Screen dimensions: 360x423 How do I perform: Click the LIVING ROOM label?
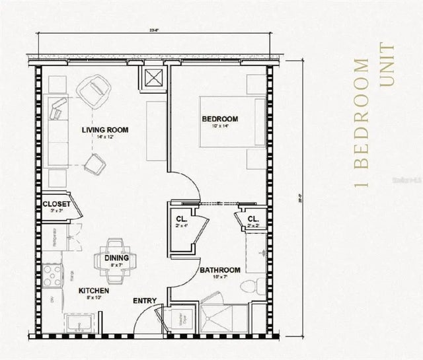pyautogui.click(x=104, y=129)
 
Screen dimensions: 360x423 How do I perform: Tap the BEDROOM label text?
pyautogui.click(x=219, y=119)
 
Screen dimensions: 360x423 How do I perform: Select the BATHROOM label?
pyautogui.click(x=219, y=270)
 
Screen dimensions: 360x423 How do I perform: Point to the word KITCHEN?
pyautogui.click(x=94, y=291)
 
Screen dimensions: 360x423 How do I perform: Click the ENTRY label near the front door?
pyautogui.click(x=145, y=301)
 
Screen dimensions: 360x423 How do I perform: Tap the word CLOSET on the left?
pyautogui.click(x=56, y=204)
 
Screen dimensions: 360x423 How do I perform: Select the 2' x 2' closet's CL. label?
pyautogui.click(x=252, y=219)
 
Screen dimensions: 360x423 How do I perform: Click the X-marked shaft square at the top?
pyautogui.click(x=155, y=79)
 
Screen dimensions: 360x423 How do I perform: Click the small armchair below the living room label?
pyautogui.click(x=94, y=163)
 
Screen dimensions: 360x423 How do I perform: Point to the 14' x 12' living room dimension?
pyautogui.click(x=104, y=137)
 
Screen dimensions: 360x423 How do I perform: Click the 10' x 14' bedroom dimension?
pyautogui.click(x=219, y=126)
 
